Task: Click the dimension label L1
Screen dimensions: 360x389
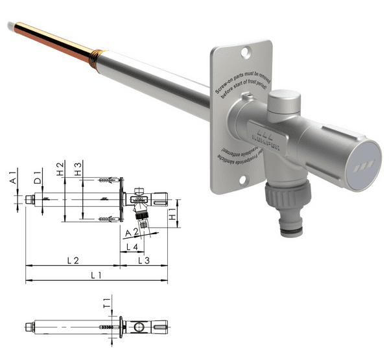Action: click(96, 276)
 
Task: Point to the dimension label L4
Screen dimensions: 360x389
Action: click(131, 246)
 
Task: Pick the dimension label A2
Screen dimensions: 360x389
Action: click(133, 232)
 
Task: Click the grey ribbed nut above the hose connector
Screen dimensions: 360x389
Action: click(289, 194)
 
